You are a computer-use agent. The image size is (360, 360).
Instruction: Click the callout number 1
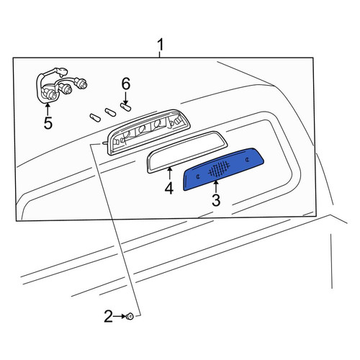tap(161, 45)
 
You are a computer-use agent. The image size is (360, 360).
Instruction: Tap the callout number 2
tap(108, 316)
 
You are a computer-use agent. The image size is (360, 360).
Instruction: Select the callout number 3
tap(216, 200)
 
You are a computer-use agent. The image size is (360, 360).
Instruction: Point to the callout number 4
tap(169, 188)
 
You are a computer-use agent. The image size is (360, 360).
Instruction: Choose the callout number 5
tap(48, 123)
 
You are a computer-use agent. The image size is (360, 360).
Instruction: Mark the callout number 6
tap(126, 84)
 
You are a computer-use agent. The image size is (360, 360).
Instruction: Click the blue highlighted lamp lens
tap(223, 169)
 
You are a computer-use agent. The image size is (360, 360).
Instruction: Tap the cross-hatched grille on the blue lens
tap(219, 167)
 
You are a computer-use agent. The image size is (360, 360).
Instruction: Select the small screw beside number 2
tap(130, 316)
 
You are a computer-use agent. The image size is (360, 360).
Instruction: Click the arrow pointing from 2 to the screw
tap(120, 316)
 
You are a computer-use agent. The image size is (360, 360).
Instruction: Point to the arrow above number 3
tap(216, 187)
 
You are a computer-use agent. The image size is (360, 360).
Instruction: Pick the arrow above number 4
tap(170, 174)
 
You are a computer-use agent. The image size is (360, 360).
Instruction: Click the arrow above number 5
tap(48, 109)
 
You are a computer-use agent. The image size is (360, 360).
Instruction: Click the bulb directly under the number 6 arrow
tap(125, 107)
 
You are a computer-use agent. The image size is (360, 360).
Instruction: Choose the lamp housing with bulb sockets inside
tap(148, 132)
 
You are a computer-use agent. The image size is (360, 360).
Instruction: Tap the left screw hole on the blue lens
tap(197, 176)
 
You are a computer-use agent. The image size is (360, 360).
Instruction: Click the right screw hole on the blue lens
tap(247, 159)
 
